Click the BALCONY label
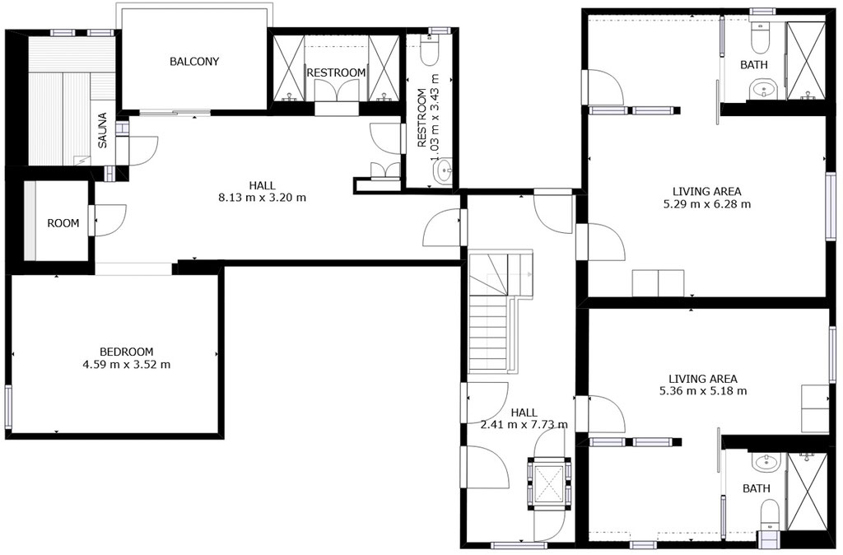pos(194,61)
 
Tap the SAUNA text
pos(103,130)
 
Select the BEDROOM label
pos(126,352)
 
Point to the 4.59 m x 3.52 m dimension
pos(126,365)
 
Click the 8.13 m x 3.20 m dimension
pos(262,198)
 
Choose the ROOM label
pos(63,223)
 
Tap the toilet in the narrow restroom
pos(430,50)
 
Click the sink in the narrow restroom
pos(443,171)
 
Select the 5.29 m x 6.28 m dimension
pos(707,204)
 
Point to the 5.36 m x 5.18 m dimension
pos(703,391)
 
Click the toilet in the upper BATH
pos(760,38)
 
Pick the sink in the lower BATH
pos(766,462)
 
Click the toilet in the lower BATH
pos(770,515)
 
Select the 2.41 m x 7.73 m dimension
pos(524,425)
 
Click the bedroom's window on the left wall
pos(8,403)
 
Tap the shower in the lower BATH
pos(807,492)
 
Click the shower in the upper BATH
pos(805,61)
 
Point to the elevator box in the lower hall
pos(548,483)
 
